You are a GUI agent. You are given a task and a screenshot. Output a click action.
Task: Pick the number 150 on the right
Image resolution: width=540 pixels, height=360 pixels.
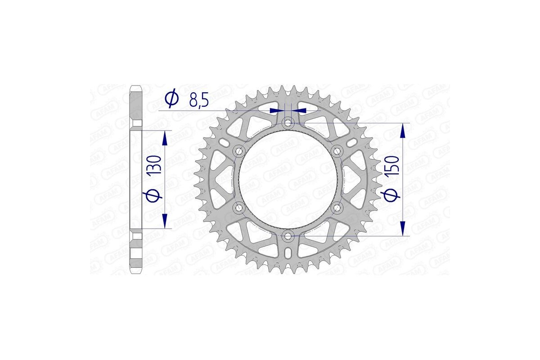pyautogui.click(x=391, y=167)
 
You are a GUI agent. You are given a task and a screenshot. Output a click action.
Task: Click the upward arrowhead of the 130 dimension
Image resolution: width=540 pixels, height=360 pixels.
pyautogui.click(x=166, y=138)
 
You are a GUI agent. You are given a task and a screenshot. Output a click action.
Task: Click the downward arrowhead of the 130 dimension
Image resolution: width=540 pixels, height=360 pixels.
pyautogui.click(x=166, y=220)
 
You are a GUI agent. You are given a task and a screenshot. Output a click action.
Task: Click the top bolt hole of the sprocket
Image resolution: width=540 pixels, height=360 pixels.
pyautogui.click(x=288, y=122)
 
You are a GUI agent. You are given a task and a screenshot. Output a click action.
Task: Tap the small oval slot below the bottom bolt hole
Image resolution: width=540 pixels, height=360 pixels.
pyautogui.click(x=288, y=254)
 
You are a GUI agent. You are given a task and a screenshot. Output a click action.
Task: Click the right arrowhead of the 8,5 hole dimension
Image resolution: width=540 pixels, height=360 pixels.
pyautogui.click(x=299, y=110)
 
